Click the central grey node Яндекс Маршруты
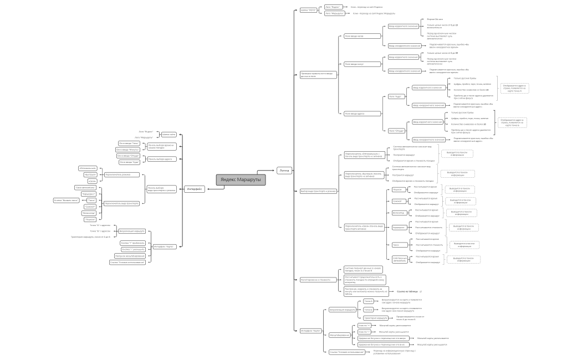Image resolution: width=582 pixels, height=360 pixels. (x=241, y=179)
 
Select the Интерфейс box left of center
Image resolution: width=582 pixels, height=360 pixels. (x=194, y=189)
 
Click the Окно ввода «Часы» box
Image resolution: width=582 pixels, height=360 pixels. (x=129, y=143)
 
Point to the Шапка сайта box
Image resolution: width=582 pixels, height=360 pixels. (x=169, y=134)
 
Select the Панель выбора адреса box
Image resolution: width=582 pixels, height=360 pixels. (x=160, y=159)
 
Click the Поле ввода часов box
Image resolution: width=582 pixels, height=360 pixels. (x=354, y=36)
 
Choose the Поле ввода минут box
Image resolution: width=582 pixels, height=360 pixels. (x=355, y=64)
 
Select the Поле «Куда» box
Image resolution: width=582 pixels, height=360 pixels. (x=395, y=96)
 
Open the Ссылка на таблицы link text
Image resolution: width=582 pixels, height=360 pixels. (x=406, y=291)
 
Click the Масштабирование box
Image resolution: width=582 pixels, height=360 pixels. (x=340, y=335)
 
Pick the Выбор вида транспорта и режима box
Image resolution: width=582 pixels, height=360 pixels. (x=318, y=191)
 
